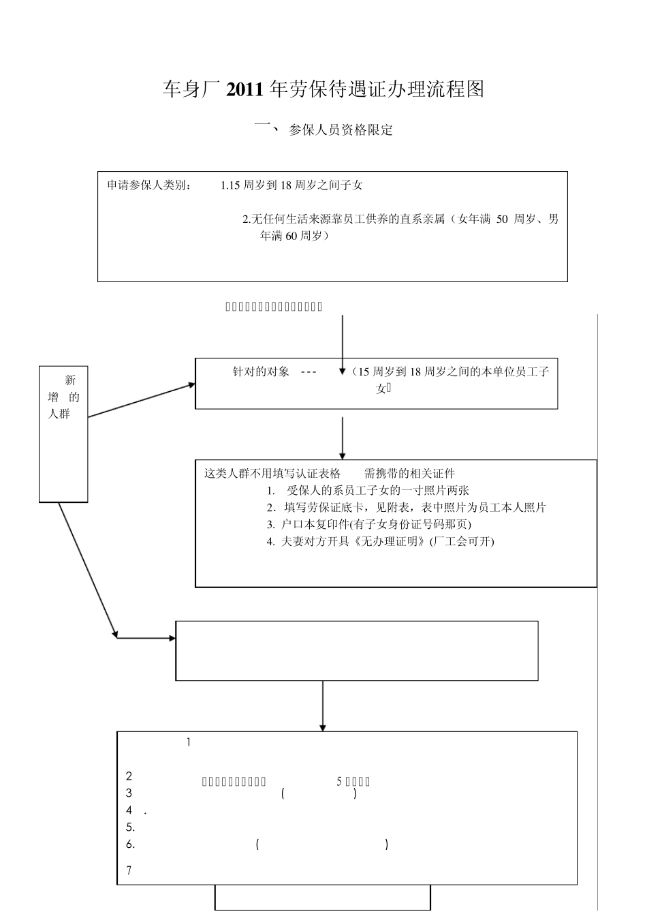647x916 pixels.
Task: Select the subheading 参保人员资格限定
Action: tap(341, 130)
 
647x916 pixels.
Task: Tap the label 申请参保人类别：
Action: tap(150, 185)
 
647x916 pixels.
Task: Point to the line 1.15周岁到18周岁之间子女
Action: tap(291, 185)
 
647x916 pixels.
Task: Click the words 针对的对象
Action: tap(261, 372)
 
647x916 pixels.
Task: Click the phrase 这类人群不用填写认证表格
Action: tap(272, 474)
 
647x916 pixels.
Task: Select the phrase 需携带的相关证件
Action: tap(409, 474)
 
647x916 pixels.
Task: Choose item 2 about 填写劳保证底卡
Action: tap(406, 508)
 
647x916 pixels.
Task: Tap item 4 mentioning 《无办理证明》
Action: tap(381, 542)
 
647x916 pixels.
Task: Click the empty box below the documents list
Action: tap(357, 650)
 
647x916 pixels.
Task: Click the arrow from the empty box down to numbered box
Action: tap(322, 706)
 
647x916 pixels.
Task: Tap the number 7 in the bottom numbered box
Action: tap(129, 870)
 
